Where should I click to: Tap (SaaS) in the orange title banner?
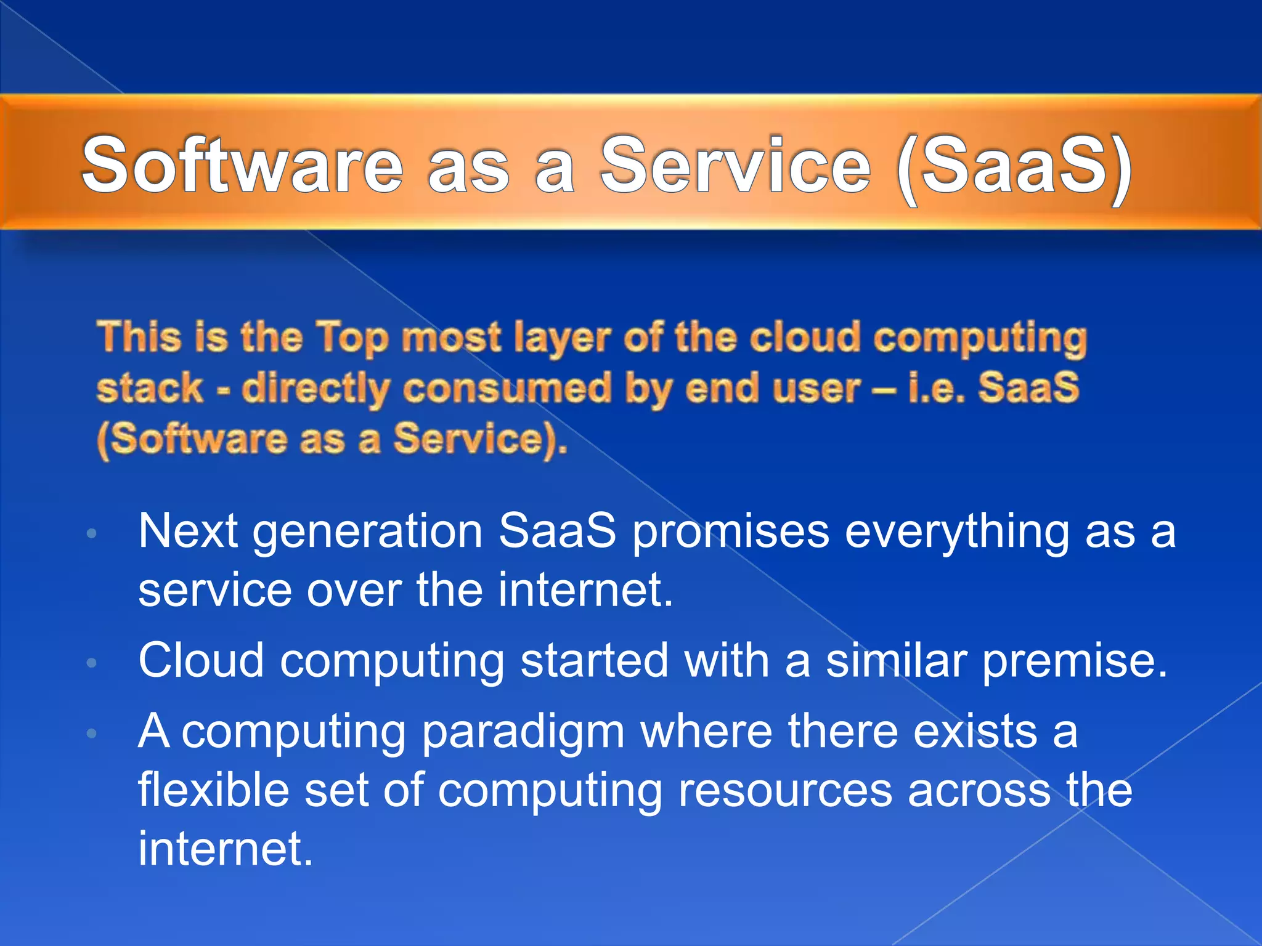1014,166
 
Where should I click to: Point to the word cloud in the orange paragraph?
804,338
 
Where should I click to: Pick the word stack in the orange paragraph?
150,389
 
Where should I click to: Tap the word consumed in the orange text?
506,389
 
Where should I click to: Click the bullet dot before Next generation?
92,533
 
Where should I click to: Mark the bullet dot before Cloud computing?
92,663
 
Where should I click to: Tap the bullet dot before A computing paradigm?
92,734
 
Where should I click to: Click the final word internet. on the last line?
226,849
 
